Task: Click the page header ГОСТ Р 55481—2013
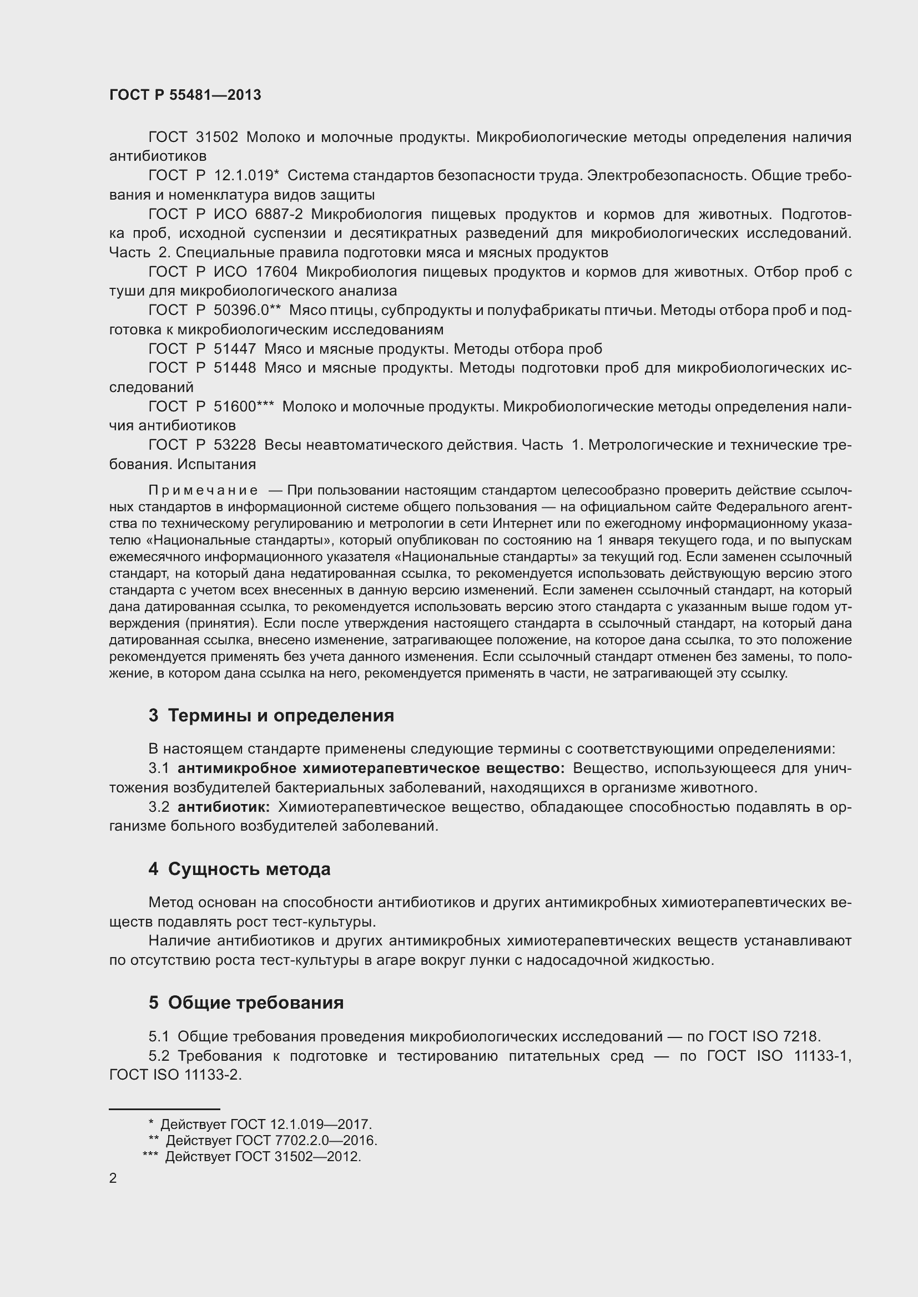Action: (185, 95)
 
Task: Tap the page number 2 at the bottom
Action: (113, 1178)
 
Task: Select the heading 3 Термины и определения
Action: (271, 715)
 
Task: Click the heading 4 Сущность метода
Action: (239, 869)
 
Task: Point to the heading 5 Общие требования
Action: (246, 1002)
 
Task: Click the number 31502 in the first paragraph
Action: (216, 138)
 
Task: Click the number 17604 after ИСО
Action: (276, 272)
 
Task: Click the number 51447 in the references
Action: (235, 349)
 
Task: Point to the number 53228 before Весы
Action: (235, 445)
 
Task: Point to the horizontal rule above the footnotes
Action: (164, 1109)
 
